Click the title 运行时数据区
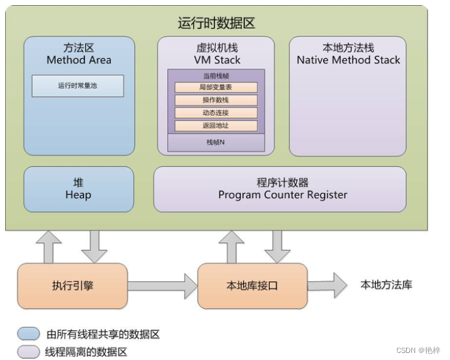pyautogui.click(x=216, y=23)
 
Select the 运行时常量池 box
pyautogui.click(x=77, y=86)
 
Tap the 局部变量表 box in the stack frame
pyautogui.click(x=216, y=87)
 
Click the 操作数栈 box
pyautogui.click(x=216, y=100)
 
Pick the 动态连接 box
pyautogui.click(x=216, y=113)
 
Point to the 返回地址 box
pyautogui.click(x=216, y=126)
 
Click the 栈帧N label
pyautogui.click(x=216, y=142)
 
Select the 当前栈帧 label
pyautogui.click(x=216, y=75)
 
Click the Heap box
pyautogui.click(x=78, y=189)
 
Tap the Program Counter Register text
pyautogui.click(x=282, y=195)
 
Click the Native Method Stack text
pyautogui.click(x=348, y=60)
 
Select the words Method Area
pyautogui.click(x=79, y=60)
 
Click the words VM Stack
pyautogui.click(x=216, y=60)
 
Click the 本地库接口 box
pyautogui.click(x=252, y=285)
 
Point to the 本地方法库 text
pyautogui.click(x=386, y=285)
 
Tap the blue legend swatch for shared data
pyautogui.click(x=28, y=334)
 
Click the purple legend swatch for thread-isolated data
pyautogui.click(x=28, y=352)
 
